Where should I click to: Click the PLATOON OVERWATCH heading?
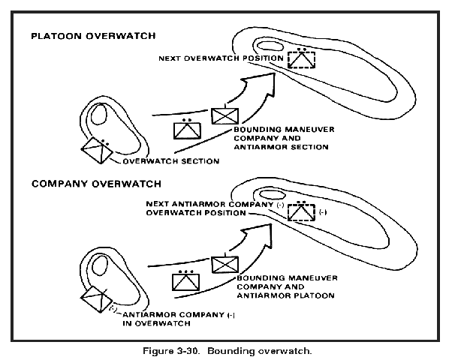tap(93, 36)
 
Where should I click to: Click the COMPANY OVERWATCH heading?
tap(96, 184)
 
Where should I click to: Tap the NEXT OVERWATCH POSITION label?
tap(221, 58)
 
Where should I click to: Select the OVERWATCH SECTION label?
tap(171, 161)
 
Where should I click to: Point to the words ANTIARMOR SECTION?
tap(281, 147)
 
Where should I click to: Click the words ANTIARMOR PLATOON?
tap(285, 295)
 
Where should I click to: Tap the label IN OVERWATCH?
tap(157, 323)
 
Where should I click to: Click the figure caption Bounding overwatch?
tap(260, 350)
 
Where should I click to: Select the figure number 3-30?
tap(188, 350)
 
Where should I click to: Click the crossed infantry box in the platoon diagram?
tap(225, 116)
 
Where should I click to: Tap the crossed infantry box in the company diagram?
tap(225, 264)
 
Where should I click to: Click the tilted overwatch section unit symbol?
tap(98, 151)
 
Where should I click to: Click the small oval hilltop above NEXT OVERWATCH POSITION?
tap(270, 46)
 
